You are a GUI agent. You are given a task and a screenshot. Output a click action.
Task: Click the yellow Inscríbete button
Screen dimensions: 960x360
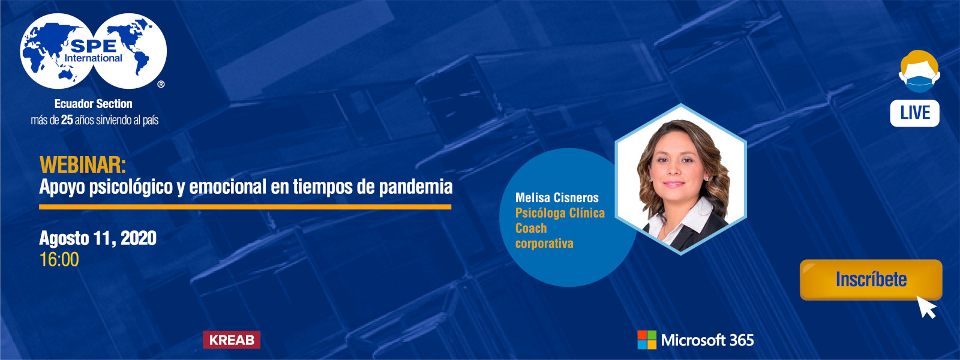coord(871,280)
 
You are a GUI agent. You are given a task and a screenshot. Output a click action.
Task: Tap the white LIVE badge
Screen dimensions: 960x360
coord(914,113)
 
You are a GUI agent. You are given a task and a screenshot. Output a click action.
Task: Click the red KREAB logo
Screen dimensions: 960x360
coord(232,340)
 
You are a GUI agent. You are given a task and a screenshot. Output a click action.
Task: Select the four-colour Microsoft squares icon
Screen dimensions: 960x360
coord(647,340)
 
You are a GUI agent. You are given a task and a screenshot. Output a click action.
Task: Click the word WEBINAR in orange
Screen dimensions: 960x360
coord(82,164)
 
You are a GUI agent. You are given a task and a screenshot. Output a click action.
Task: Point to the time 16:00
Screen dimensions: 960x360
coord(59,260)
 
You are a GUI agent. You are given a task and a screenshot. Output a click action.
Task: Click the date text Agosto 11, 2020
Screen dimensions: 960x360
coord(98,238)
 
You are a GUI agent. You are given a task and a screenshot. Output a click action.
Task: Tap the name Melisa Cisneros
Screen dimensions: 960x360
coord(557,197)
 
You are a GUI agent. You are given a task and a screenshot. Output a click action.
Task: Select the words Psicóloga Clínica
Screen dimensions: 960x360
coord(560,213)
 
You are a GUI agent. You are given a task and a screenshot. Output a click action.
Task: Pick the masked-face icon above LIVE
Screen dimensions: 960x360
coord(919,71)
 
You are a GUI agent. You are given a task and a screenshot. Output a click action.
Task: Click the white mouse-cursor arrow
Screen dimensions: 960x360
coord(928,307)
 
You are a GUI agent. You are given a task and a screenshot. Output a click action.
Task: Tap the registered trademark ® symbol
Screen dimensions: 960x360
coord(161,85)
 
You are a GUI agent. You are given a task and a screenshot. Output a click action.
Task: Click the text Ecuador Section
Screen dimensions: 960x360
coord(94,104)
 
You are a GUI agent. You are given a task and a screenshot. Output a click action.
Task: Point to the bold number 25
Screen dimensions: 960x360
coord(67,120)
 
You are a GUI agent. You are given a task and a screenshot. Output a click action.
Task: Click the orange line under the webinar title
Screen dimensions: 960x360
coord(245,207)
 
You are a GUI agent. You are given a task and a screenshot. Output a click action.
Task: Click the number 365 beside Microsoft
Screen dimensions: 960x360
coord(742,340)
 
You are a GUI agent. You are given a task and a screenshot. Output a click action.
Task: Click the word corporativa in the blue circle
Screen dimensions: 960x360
coord(544,244)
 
